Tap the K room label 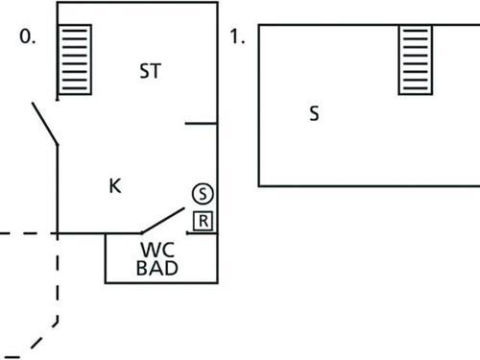click(115, 185)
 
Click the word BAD click(156, 269)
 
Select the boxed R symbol click(203, 221)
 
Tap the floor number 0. click(30, 38)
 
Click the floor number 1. click(239, 38)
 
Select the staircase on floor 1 click(415, 60)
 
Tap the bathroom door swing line click(163, 220)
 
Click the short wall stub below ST click(202, 123)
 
